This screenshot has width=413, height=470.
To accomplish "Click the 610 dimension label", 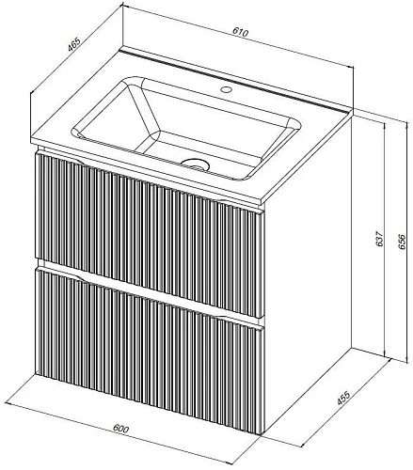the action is coord(241,32).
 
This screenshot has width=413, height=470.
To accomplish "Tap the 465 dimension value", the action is coord(74,44).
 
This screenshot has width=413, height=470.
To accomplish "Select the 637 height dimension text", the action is coord(379,239).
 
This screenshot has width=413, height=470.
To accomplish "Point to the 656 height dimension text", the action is coord(402,242).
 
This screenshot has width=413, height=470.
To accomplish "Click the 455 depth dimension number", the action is coord(343,398).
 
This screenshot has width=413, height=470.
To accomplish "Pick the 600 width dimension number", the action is coord(120,428).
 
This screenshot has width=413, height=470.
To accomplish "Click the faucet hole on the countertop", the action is coord(226,89).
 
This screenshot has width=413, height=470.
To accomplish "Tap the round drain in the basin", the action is coord(195,164).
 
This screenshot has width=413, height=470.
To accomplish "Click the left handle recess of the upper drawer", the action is coord(68,158).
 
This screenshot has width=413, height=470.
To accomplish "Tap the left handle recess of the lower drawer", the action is coord(68,274).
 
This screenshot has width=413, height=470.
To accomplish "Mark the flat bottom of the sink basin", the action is coord(200,153).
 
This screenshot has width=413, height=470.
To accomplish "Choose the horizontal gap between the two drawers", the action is coord(150,291).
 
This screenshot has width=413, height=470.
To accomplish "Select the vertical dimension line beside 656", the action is coord(407,242).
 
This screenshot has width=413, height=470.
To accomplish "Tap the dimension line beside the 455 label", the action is coord(347,403).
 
